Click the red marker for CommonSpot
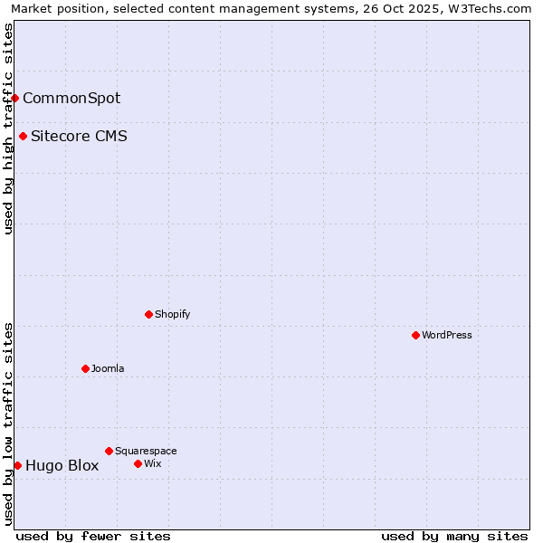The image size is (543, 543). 15,98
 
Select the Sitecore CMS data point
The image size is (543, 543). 23,137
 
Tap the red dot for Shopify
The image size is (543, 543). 148,314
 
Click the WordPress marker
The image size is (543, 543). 415,335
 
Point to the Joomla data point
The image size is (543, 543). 85,368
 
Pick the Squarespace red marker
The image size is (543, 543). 109,451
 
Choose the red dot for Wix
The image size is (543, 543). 138,463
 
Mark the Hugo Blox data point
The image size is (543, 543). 17,465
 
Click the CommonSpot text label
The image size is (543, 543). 71,98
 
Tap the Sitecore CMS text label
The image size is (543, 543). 79,137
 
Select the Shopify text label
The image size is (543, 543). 172,314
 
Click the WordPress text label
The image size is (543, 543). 447,335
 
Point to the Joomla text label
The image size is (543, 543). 108,368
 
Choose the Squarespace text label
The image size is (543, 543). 146,451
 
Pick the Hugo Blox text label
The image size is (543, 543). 62,466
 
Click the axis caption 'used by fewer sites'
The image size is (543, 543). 93,536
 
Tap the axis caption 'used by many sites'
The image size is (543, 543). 454,536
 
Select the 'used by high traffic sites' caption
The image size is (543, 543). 8,129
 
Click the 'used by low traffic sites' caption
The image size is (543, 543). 8,424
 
